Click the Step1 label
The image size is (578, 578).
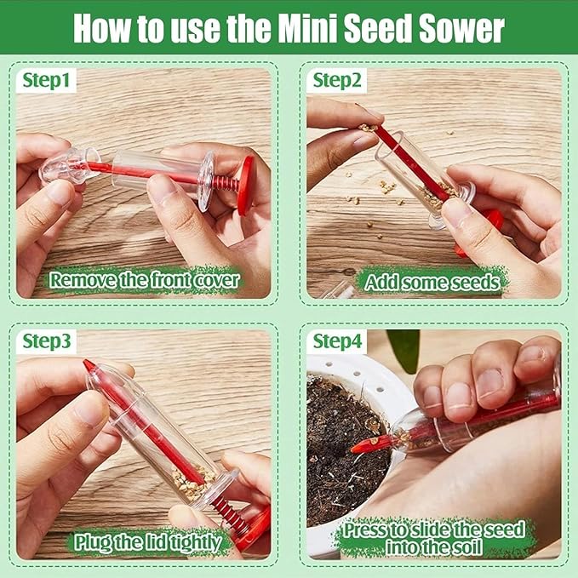pyautogui.click(x=46, y=81)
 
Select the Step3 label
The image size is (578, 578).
pyautogui.click(x=46, y=341)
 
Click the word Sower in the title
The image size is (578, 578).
pyautogui.click(x=461, y=27)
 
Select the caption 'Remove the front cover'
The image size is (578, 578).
pyautogui.click(x=145, y=279)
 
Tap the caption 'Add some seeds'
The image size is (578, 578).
pyautogui.click(x=432, y=279)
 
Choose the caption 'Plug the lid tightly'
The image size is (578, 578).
pyautogui.click(x=147, y=541)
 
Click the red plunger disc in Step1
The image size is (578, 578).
pyautogui.click(x=246, y=185)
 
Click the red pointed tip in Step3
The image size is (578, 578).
pyautogui.click(x=89, y=367)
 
